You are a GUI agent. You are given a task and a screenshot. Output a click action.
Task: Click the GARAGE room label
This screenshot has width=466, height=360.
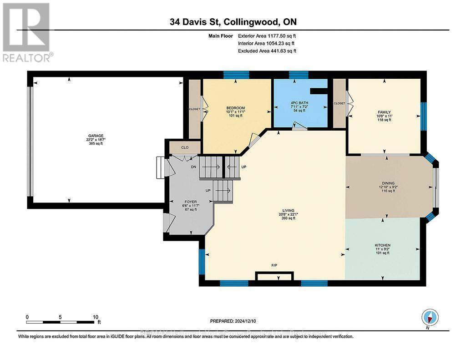pyautogui.click(x=96, y=135)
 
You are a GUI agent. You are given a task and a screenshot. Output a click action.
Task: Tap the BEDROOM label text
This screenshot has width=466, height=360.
pyautogui.click(x=235, y=108)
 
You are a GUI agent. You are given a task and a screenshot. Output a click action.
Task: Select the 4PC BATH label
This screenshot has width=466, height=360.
pyautogui.click(x=299, y=103)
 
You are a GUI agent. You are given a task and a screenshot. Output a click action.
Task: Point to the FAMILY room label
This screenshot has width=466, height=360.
pyautogui.click(x=384, y=112)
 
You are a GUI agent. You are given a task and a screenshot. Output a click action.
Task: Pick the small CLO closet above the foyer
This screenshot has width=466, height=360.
pyautogui.click(x=185, y=147)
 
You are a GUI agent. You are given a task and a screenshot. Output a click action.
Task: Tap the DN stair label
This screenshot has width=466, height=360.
pyautogui.click(x=194, y=167)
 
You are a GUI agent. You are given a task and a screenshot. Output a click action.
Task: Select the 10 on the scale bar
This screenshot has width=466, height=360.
pyautogui.click(x=96, y=317)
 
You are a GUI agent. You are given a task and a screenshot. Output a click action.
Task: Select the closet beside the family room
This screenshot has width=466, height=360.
pyautogui.click(x=339, y=103)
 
